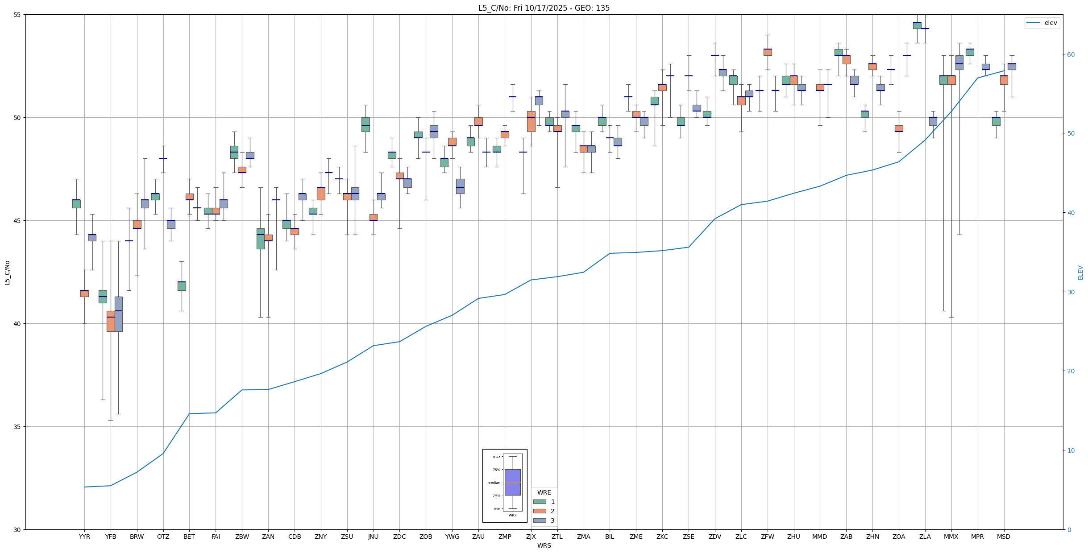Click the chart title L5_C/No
tap(544, 8)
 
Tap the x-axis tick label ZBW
tap(242, 536)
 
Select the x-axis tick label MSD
tap(1004, 536)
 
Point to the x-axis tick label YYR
tap(84, 536)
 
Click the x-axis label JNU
tap(373, 536)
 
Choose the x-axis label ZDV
tap(715, 536)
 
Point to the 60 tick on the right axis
tap(1071, 55)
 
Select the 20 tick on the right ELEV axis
tap(1071, 371)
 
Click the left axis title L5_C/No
tap(7, 272)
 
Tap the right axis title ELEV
tap(1080, 272)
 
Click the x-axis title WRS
tap(544, 545)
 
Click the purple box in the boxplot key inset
tap(512, 482)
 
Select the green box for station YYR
tap(76, 204)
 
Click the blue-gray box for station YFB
tap(119, 314)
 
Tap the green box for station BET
tap(182, 286)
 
